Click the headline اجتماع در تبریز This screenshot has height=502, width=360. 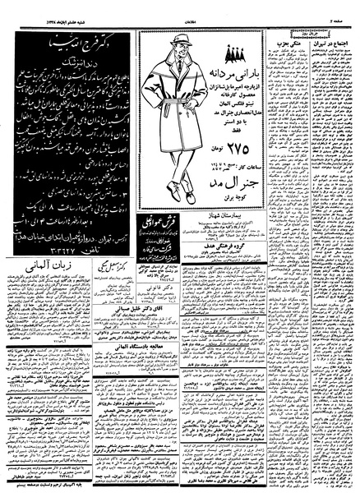coord(332,43)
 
